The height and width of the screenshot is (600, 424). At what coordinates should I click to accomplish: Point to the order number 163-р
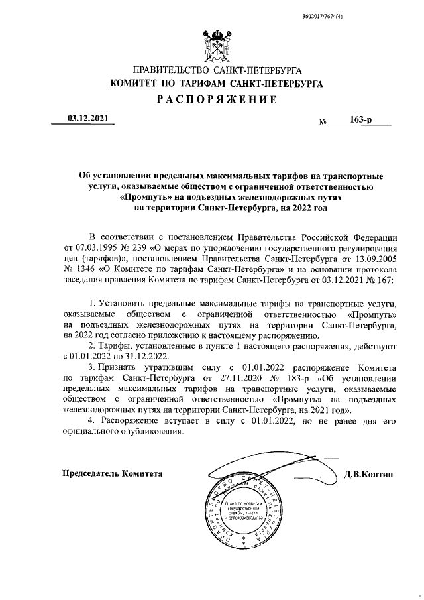(360, 121)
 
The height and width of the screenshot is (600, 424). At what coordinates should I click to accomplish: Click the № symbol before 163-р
(324, 123)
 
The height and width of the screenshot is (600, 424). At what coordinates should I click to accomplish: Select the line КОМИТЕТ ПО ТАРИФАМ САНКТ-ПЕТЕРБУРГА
(217, 84)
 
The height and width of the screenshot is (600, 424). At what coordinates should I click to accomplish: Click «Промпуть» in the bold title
(143, 197)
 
